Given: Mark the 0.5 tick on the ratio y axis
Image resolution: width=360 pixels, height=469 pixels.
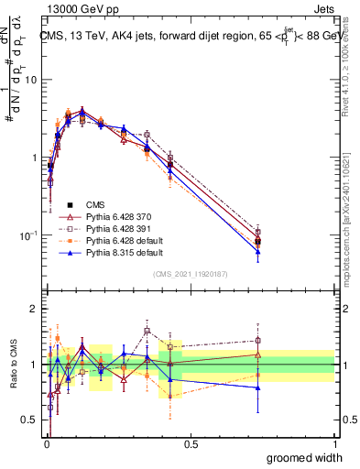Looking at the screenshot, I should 31,420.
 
